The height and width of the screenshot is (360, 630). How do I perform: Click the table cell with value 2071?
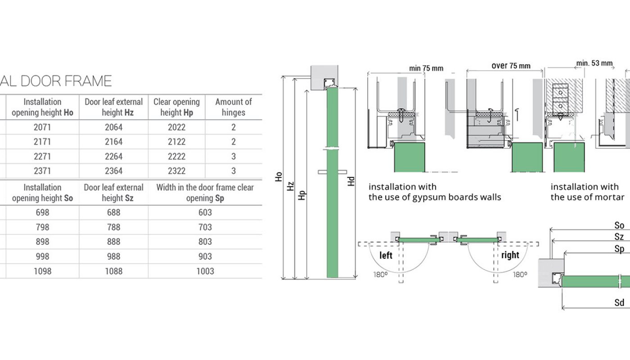point(42,127)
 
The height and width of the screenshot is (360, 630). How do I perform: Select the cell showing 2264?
point(113,157)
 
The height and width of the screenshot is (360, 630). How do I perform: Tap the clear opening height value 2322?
point(176,171)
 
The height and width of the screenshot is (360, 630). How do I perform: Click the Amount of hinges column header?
point(233,107)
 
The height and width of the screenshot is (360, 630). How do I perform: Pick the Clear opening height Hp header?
point(176,107)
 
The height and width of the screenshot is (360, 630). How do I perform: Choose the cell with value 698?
point(42,212)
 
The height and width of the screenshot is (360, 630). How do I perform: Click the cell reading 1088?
point(113,271)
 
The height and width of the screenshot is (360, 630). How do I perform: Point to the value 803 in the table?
point(205,242)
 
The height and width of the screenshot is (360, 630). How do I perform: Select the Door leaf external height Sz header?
point(113,193)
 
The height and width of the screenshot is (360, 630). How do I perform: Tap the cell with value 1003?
point(205,271)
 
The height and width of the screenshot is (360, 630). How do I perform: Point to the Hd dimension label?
point(351,181)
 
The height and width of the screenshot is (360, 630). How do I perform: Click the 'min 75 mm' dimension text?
point(426,68)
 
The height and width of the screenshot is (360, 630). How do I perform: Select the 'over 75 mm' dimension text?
point(511,66)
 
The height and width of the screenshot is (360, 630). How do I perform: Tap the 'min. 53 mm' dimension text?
point(594,63)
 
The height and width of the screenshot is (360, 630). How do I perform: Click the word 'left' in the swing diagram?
point(386,256)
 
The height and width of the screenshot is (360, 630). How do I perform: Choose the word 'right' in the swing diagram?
point(510,255)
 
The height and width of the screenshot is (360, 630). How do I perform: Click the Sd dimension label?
point(619,302)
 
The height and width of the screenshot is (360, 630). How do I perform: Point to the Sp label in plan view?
point(619,249)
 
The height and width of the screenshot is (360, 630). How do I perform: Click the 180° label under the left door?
point(380,274)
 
